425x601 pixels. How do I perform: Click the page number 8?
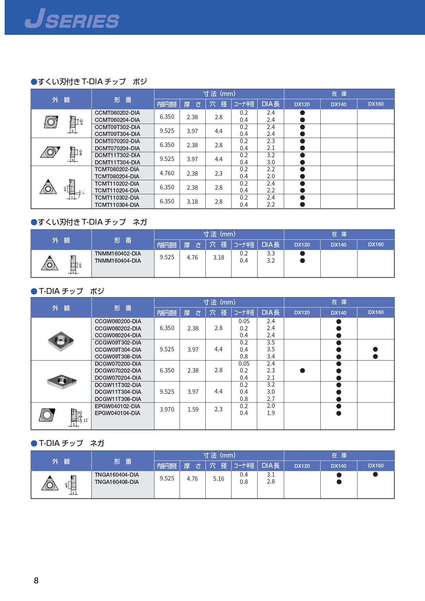pyautogui.click(x=36, y=580)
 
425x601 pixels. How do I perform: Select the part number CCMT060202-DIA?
pyautogui.click(x=117, y=113)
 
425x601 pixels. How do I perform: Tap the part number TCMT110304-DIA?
pyautogui.click(x=117, y=205)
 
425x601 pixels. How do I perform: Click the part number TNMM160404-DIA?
pyautogui.click(x=118, y=261)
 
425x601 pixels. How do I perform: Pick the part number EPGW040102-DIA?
pyautogui.click(x=117, y=406)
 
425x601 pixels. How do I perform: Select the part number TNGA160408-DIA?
pyautogui.click(x=117, y=482)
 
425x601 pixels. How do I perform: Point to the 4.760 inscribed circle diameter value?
pyautogui.click(x=167, y=173)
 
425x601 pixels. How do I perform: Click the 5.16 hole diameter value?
pyautogui.click(x=219, y=478)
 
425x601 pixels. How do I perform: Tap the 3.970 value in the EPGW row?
pyautogui.click(x=167, y=409)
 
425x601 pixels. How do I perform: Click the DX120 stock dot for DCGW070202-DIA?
pyautogui.click(x=302, y=371)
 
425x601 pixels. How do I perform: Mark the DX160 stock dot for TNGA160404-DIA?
pyautogui.click(x=375, y=474)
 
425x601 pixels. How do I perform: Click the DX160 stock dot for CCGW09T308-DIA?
pyautogui.click(x=375, y=356)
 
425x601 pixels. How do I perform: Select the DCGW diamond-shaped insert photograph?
pyautogui.click(x=62, y=381)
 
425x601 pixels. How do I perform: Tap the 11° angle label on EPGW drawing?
pyautogui.click(x=86, y=420)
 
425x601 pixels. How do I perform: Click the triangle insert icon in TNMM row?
pyautogui.click(x=50, y=263)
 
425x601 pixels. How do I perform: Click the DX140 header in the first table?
pyautogui.click(x=338, y=104)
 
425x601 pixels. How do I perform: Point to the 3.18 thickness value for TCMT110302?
pyautogui.click(x=192, y=201)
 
